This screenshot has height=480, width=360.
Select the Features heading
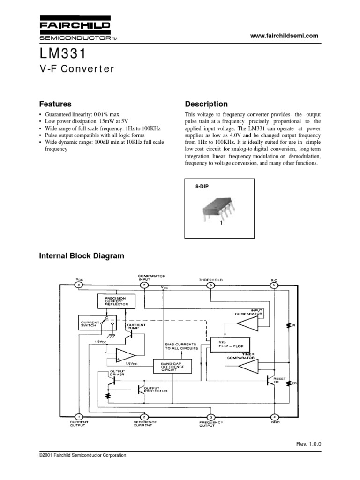(55, 104)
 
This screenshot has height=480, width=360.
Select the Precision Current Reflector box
(115, 301)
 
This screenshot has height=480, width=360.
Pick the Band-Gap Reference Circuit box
(172, 366)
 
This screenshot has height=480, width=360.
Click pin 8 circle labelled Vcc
(79, 285)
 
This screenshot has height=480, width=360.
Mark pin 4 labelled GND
(275, 416)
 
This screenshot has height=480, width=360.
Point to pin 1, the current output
(79, 416)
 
